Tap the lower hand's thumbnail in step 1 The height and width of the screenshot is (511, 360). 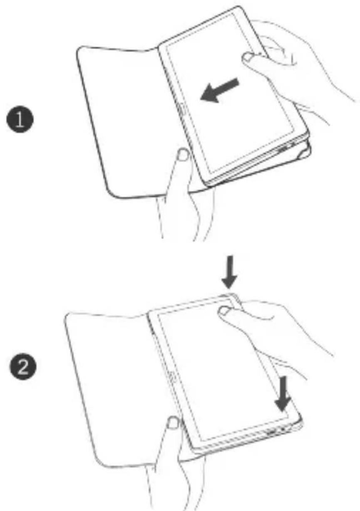tap(181, 157)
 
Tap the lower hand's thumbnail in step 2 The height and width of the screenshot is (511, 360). tap(173, 425)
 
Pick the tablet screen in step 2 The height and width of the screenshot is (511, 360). tap(216, 374)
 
